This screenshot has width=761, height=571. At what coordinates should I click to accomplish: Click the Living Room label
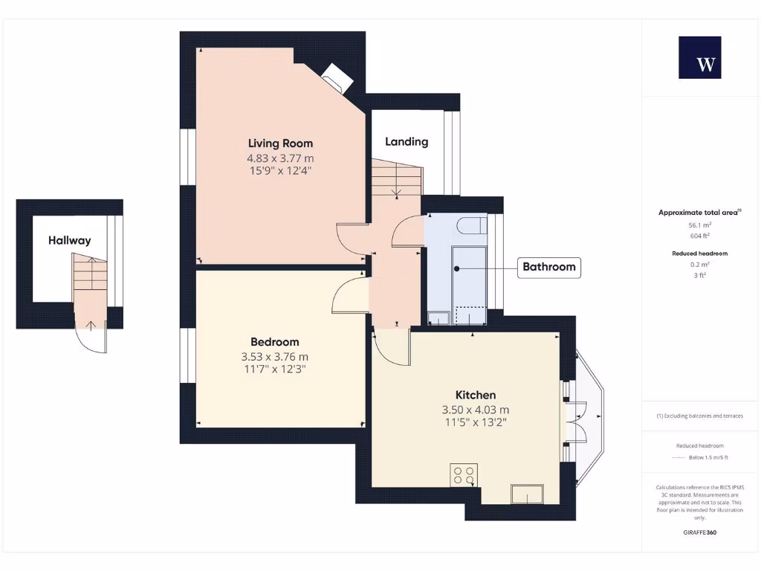tap(280, 143)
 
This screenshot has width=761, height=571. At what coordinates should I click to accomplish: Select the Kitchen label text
tap(476, 395)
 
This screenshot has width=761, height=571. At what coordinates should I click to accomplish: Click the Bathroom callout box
tap(548, 267)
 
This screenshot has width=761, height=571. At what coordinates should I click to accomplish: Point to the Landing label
tap(407, 141)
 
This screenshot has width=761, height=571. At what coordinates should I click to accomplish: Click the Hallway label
tap(70, 240)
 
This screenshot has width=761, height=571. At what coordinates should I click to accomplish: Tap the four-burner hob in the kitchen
tap(464, 475)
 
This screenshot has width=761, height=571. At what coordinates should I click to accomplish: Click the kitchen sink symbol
tap(527, 493)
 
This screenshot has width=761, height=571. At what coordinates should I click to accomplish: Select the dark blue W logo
tap(699, 57)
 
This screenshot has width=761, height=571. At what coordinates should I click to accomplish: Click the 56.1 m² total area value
tap(699, 224)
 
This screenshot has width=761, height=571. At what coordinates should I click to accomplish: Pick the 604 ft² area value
tap(699, 235)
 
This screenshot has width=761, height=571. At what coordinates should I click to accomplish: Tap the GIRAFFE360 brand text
tap(699, 532)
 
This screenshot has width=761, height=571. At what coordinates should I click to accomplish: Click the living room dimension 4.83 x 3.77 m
tap(280, 158)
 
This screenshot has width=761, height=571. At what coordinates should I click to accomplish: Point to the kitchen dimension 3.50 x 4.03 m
tap(476, 410)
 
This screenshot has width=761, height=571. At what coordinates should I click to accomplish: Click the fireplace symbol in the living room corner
tap(337, 77)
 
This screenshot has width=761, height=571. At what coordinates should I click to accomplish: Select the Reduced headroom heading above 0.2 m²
tap(699, 254)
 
